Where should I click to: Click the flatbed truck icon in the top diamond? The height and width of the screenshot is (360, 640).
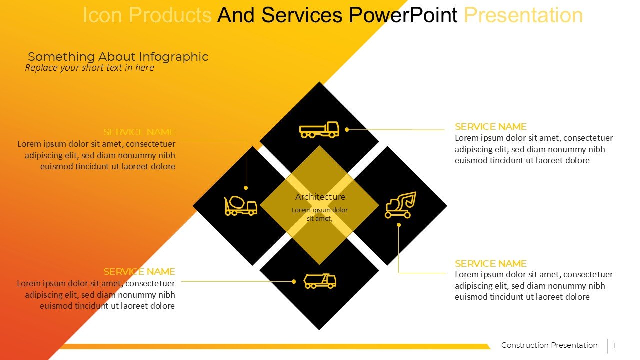click(319, 130)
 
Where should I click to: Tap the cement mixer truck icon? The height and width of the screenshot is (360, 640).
click(240, 205)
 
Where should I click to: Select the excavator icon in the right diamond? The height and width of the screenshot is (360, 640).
click(400, 205)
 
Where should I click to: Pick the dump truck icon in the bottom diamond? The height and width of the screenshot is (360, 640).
click(320, 281)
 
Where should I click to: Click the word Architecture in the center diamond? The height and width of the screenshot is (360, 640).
click(320, 197)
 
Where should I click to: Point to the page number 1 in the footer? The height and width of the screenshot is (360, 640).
click(614, 346)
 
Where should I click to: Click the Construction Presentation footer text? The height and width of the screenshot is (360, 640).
click(549, 345)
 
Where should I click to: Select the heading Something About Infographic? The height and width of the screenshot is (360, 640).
click(118, 57)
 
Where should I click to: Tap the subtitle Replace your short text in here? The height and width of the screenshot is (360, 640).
click(89, 68)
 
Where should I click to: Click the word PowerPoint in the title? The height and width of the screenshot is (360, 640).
click(403, 15)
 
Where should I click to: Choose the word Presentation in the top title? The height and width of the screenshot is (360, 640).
click(523, 15)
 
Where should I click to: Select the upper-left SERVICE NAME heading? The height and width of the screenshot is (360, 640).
click(139, 132)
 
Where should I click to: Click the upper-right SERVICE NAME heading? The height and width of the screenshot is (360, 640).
click(490, 127)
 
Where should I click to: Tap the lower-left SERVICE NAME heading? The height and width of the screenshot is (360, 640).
click(139, 272)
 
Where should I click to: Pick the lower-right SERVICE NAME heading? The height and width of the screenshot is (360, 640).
click(490, 264)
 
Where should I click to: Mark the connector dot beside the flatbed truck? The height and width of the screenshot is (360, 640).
click(347, 129)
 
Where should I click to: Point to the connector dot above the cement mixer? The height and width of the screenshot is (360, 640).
click(246, 188)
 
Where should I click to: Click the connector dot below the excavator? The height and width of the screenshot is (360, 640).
click(399, 225)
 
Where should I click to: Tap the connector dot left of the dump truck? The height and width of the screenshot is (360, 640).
click(294, 281)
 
